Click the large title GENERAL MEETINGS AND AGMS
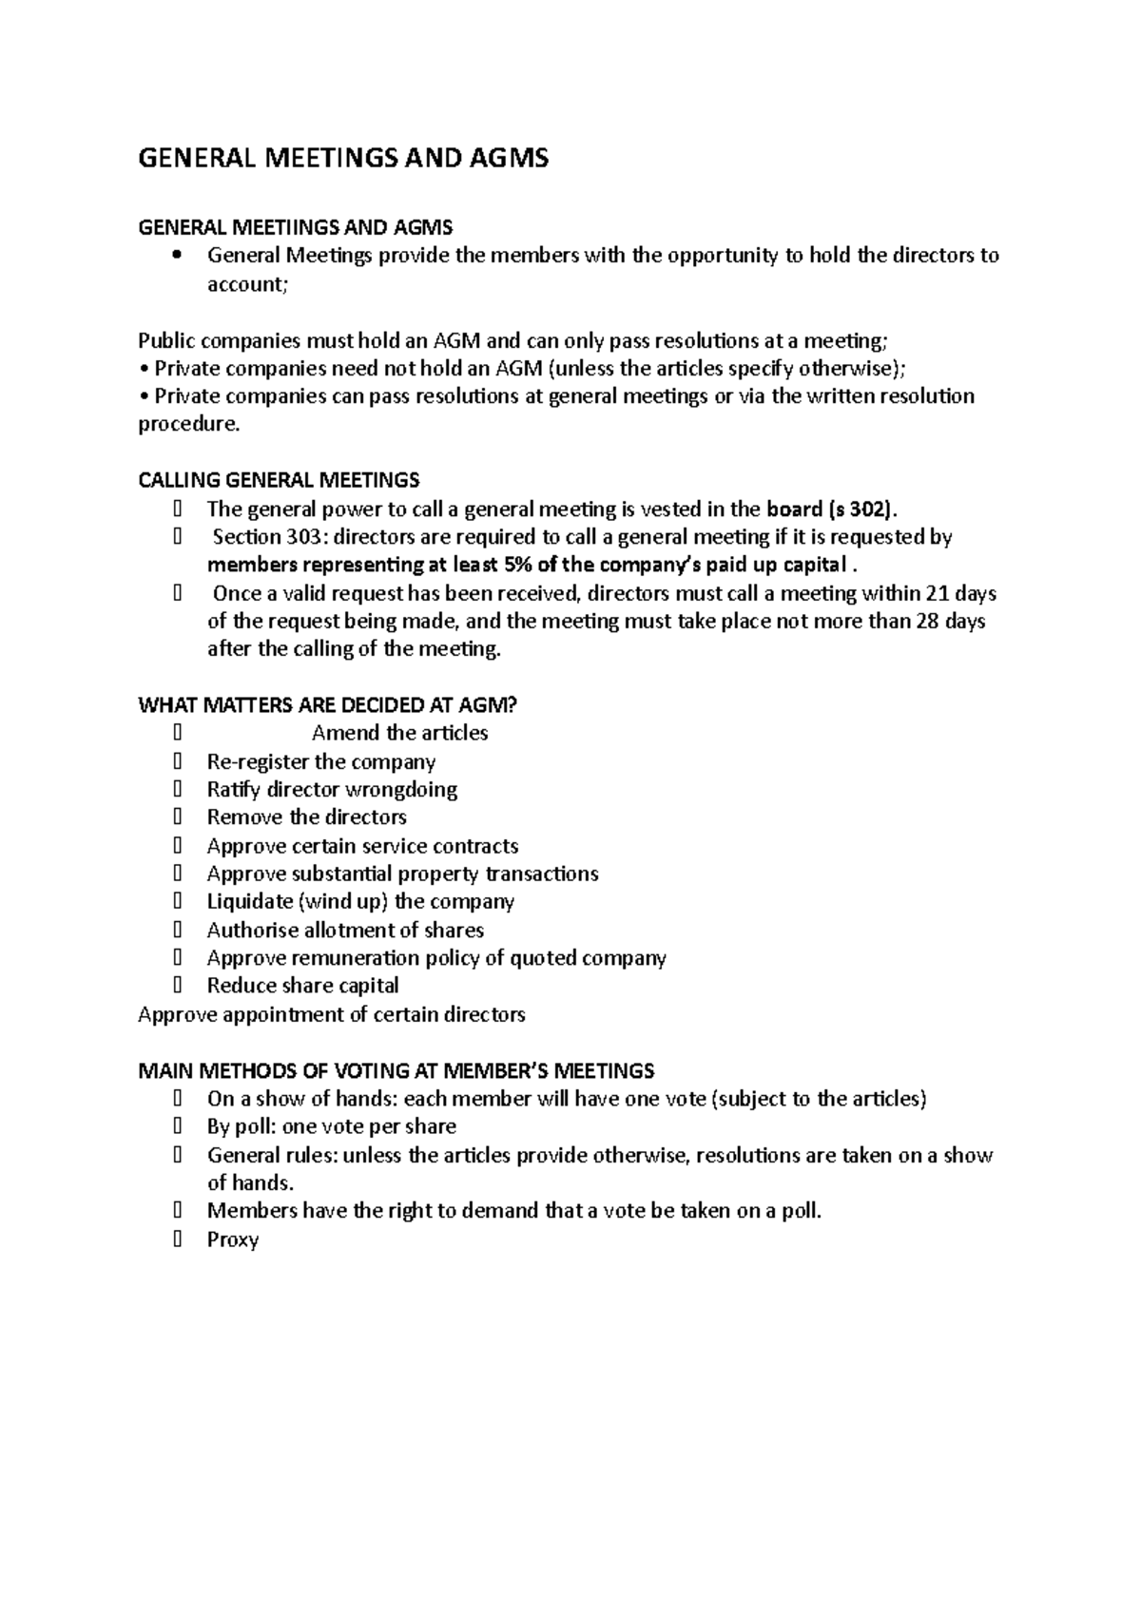(343, 158)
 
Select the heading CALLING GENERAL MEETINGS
(279, 480)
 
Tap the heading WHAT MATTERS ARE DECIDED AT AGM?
(328, 705)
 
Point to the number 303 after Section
(304, 537)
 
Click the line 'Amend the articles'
(399, 733)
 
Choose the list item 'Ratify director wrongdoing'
(332, 790)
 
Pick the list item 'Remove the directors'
(306, 817)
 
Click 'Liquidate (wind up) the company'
(360, 901)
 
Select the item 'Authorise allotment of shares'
(345, 930)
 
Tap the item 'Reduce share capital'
(302, 986)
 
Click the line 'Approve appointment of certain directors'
(331, 1014)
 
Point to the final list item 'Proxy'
(233, 1239)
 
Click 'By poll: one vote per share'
(331, 1126)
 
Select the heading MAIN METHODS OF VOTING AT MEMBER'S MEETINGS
(396, 1071)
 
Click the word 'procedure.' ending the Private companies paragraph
(189, 425)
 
